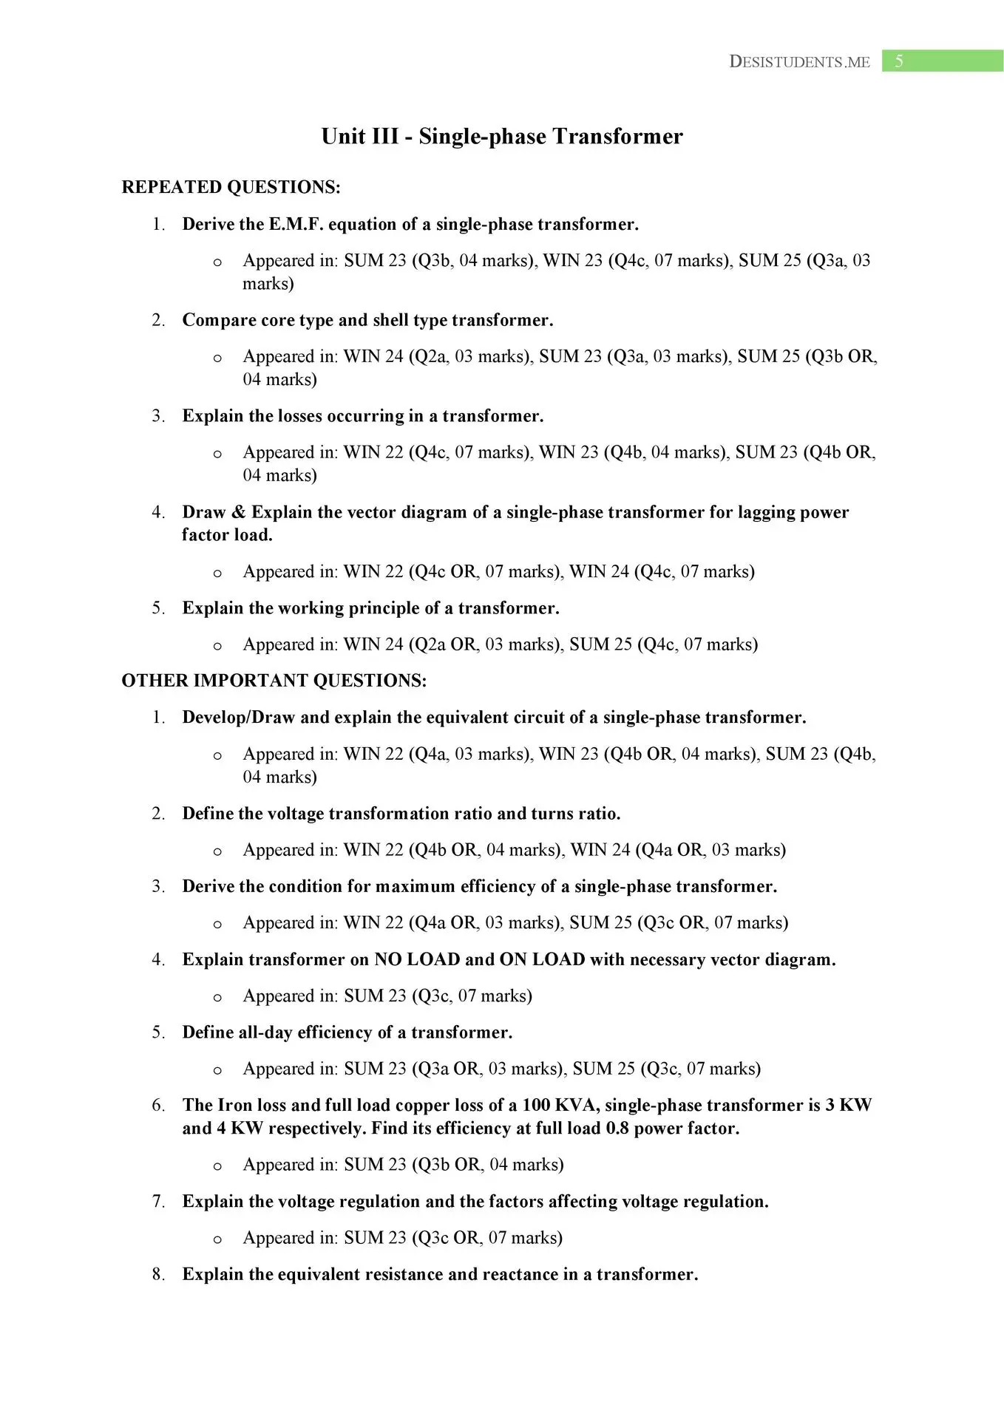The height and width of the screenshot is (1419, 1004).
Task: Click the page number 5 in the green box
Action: coord(898,61)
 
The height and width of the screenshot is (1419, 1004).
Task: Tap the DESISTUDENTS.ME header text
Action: coord(799,62)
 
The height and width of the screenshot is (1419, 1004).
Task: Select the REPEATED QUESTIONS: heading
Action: coord(231,187)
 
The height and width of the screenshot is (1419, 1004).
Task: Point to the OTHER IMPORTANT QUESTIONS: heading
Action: coord(274,681)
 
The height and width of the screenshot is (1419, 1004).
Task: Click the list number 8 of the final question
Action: coord(157,1274)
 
